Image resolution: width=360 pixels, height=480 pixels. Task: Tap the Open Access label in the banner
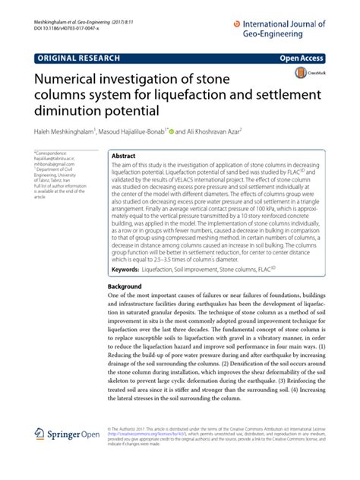click(321, 58)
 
